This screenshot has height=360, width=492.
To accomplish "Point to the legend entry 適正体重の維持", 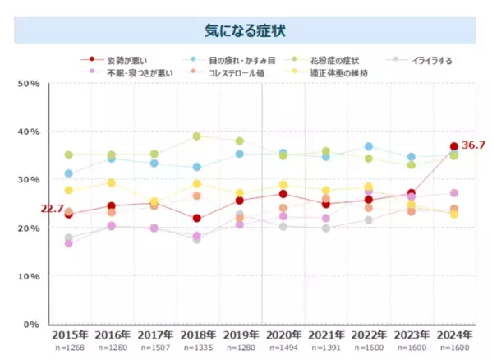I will pos(335,72).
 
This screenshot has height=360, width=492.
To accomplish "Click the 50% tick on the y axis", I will pos(30,83).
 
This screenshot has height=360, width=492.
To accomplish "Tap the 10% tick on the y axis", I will pos(30,276).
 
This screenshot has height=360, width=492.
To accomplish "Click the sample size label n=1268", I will pos(69,349).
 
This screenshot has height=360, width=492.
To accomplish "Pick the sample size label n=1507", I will pos(154,349).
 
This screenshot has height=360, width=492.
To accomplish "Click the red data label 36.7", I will pos(473,145).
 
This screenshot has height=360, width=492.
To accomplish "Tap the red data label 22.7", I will pos(52,209).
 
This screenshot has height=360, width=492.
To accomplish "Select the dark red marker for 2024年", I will pos(453,147).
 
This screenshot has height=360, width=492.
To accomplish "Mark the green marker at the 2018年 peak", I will pos(196,136).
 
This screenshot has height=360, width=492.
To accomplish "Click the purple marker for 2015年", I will pos(69,243).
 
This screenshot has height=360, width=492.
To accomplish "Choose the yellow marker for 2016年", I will pos(111,182).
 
